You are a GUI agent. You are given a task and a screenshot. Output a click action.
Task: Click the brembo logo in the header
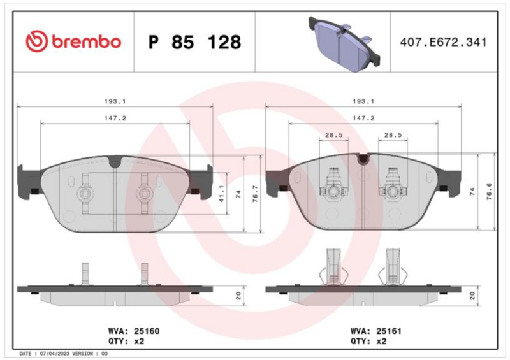click(73, 41)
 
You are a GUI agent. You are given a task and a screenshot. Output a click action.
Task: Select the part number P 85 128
click(194, 42)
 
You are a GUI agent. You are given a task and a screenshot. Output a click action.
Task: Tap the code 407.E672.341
click(443, 42)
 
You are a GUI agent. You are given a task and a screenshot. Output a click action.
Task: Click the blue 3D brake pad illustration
click(344, 44)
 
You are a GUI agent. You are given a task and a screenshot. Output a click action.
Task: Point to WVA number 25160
click(147, 331)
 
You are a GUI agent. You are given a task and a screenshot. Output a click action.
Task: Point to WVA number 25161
click(389, 331)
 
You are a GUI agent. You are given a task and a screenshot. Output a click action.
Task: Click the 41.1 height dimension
click(221, 194)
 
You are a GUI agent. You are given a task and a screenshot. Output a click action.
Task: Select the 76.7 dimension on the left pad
click(256, 194)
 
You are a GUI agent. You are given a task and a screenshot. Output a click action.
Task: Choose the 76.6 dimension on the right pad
click(489, 191)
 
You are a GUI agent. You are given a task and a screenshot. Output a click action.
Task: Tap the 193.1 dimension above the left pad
click(115, 101)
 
